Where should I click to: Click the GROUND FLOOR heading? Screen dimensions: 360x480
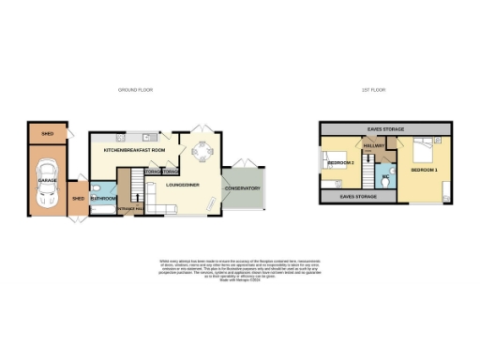click(135, 90)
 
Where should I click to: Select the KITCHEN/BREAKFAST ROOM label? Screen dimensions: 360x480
click(134, 150)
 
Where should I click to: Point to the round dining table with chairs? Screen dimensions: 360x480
click(201, 150)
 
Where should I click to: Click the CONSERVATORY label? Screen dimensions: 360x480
click(242, 189)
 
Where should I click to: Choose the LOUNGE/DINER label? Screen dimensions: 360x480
click(180, 184)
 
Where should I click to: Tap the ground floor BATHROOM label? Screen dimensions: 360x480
click(103, 198)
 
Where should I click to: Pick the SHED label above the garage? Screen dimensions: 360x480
click(47, 134)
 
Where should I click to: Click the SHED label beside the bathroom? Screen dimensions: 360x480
click(79, 198)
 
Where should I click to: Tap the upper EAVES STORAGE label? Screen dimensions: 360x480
click(386, 128)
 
